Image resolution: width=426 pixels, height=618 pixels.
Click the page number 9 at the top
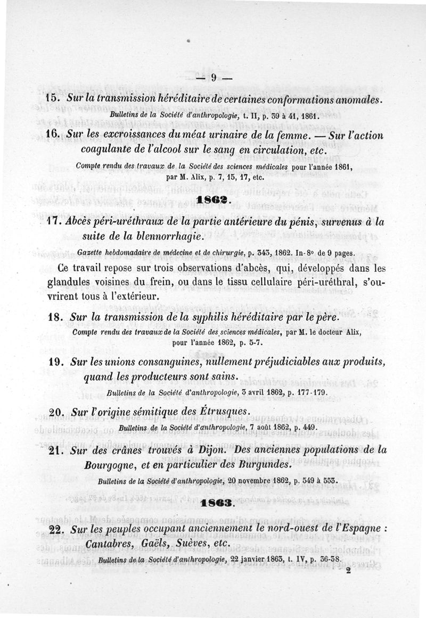pos(212,77)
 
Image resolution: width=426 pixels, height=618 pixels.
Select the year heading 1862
pos(212,200)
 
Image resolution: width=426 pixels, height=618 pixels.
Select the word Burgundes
pos(263,464)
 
